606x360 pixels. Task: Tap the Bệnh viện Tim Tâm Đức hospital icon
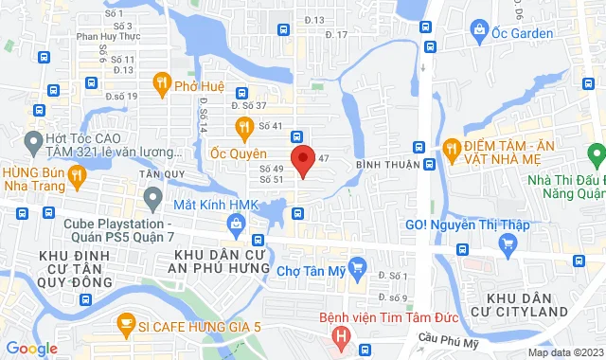[340, 335]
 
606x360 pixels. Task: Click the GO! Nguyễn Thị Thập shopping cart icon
[508, 244]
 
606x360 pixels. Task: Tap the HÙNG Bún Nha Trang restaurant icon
[78, 175]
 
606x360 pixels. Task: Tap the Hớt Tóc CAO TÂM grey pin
[35, 144]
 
